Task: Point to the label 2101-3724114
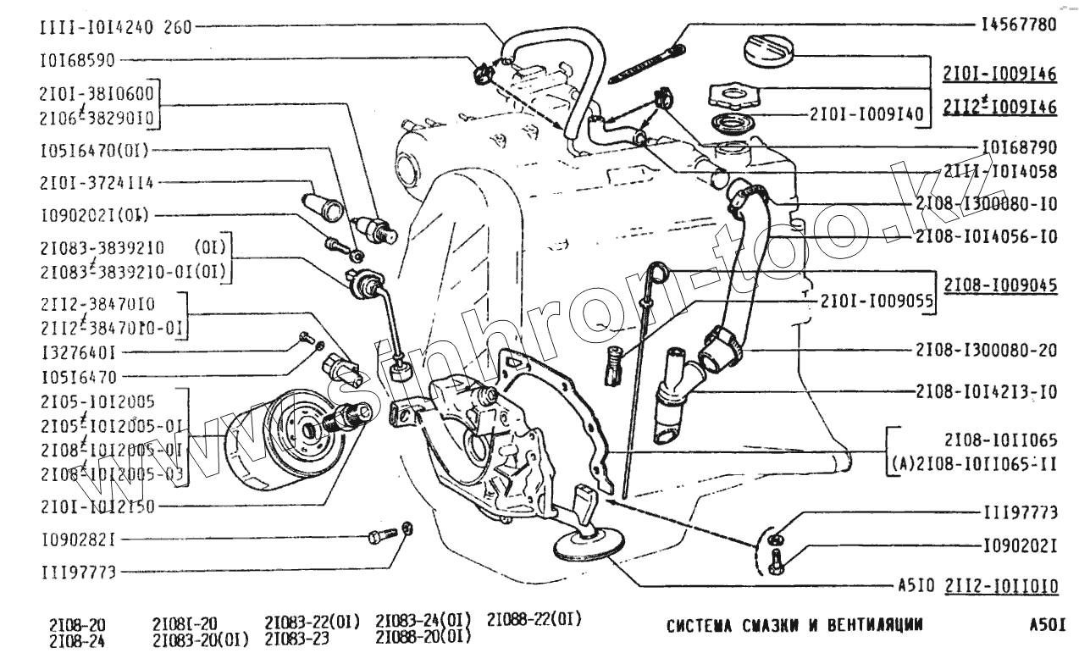[x=96, y=182]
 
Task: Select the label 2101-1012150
[x=96, y=506]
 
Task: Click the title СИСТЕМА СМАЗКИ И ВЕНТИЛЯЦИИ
[x=794, y=627]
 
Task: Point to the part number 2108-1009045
[x=1000, y=285]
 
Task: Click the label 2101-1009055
[x=876, y=301]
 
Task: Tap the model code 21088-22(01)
[x=534, y=619]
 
